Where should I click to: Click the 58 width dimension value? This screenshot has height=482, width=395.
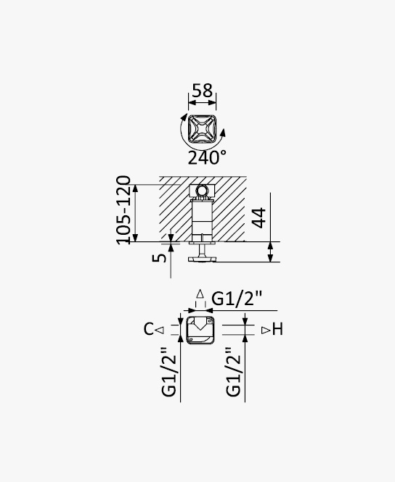coord(203,91)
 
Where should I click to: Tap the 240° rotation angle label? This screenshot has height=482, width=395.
coord(207,158)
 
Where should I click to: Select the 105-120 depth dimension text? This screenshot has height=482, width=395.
coord(123,210)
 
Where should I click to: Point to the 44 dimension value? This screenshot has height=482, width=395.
coord(258,217)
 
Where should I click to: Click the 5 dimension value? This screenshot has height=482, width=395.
coord(159,257)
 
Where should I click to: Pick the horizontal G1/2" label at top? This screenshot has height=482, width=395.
coord(237,298)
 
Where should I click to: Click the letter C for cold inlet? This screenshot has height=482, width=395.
coord(148,329)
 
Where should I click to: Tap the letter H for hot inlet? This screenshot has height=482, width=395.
coord(277,330)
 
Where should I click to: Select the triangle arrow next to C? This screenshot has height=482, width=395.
coord(160,331)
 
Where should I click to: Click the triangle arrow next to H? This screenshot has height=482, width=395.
coord(266,331)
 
